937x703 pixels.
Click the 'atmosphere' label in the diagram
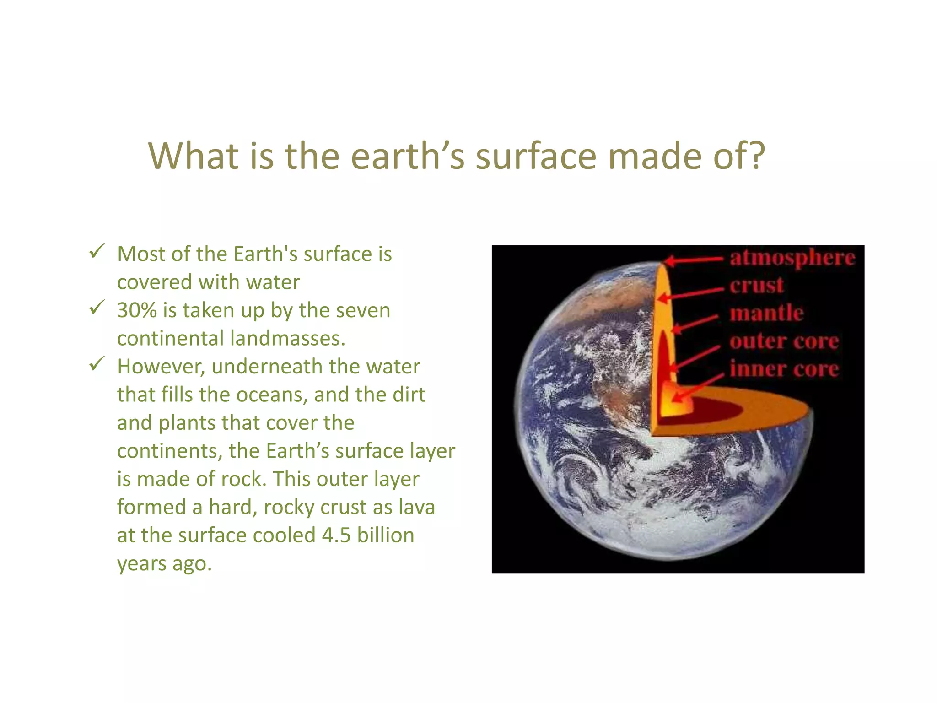coord(792,258)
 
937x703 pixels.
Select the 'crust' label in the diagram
coord(756,286)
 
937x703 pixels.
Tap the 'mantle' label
coord(766,314)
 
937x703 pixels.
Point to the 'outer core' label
coord(784,341)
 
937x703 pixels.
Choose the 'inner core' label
coord(784,369)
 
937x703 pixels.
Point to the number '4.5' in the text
coord(336,535)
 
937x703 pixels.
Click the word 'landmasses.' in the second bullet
coord(287,339)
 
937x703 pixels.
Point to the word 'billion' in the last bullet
coord(386,535)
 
